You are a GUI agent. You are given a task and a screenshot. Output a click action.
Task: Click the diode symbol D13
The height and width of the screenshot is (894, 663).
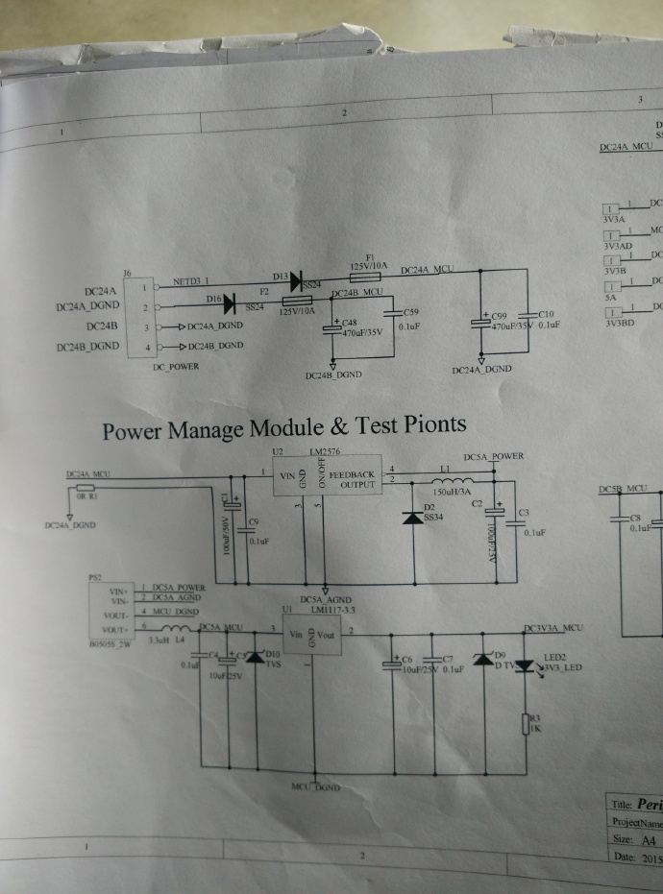(296, 278)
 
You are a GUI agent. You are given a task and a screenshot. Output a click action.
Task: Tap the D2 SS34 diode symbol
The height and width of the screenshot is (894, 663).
(414, 519)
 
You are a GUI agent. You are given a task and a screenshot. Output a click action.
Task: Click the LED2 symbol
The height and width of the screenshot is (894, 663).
(526, 664)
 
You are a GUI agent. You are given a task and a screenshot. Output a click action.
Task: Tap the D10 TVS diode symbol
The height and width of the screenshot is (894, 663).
(254, 659)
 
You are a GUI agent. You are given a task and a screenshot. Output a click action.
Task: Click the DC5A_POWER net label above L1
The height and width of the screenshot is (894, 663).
(494, 456)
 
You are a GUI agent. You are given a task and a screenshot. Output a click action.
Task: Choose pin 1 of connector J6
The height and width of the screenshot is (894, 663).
(144, 286)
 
